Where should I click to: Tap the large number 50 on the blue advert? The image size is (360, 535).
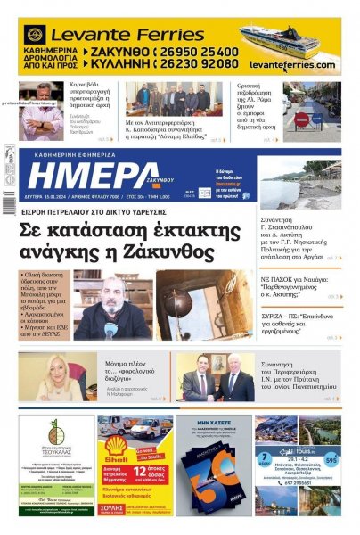[213, 477]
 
